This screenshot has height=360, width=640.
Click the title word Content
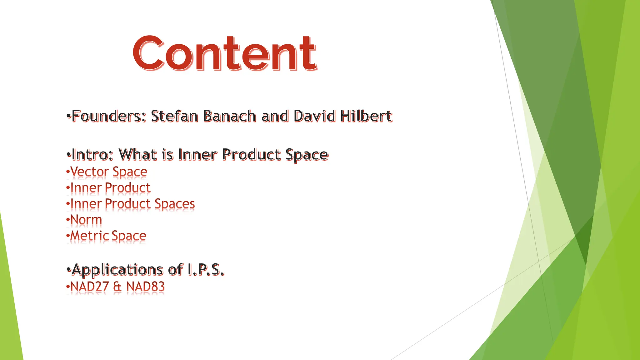click(225, 53)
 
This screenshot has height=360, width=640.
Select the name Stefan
click(174, 116)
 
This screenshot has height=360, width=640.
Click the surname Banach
click(229, 116)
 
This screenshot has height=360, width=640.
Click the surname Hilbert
click(366, 116)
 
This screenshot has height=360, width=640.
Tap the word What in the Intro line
click(138, 155)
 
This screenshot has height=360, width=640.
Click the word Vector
click(89, 172)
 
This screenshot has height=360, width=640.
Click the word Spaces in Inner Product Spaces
click(175, 204)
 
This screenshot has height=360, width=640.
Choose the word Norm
click(86, 220)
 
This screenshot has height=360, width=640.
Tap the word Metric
click(90, 236)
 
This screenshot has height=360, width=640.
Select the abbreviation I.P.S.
click(206, 270)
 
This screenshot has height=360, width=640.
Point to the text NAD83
click(145, 287)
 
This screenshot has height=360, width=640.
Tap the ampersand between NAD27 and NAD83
click(117, 287)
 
